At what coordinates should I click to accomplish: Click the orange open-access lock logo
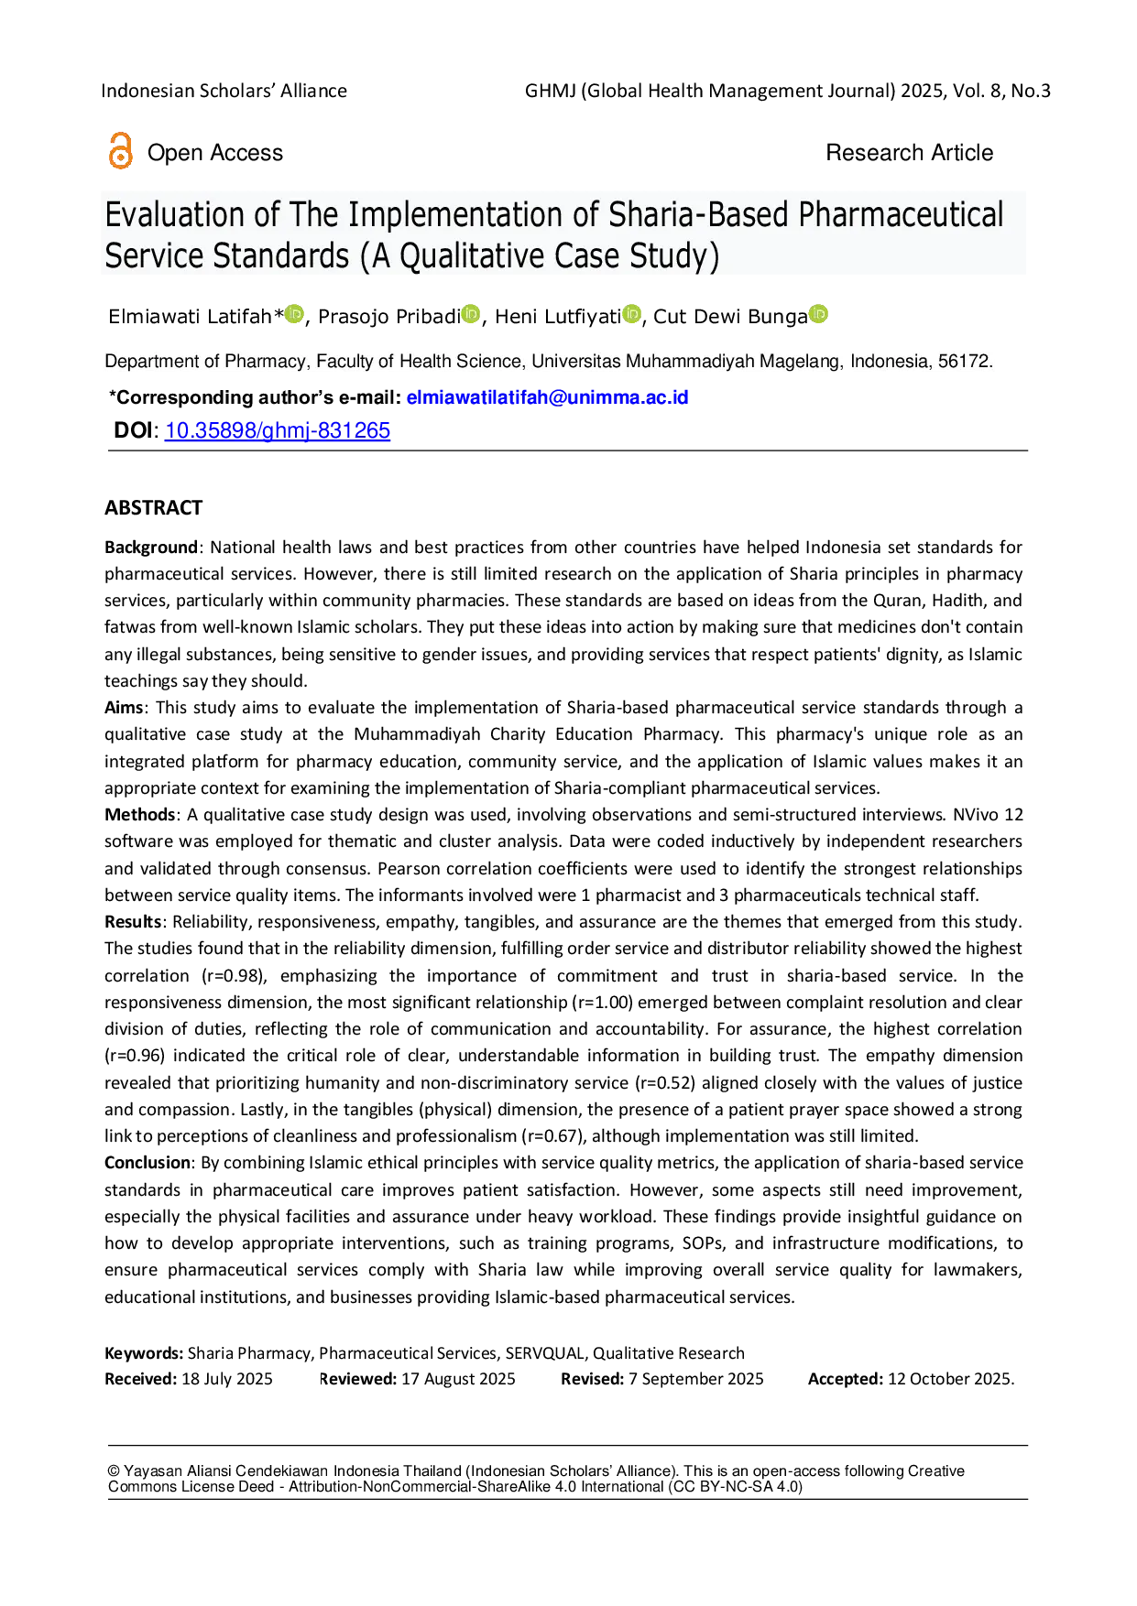click(x=119, y=151)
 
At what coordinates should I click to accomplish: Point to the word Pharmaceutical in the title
click(x=901, y=215)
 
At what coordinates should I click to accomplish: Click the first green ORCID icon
click(x=294, y=314)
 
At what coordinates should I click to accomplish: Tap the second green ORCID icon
click(x=471, y=314)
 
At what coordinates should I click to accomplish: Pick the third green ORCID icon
click(x=631, y=314)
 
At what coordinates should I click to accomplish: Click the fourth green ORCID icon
click(x=818, y=314)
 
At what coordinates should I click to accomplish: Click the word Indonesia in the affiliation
click(x=889, y=362)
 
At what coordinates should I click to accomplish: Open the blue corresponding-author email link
click(x=547, y=398)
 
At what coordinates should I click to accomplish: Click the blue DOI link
click(x=278, y=431)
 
